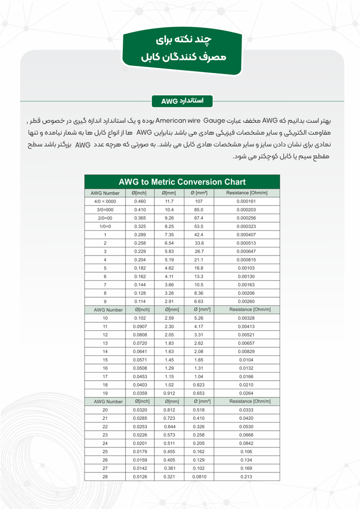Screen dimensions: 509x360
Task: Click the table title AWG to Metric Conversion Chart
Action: (x=182, y=182)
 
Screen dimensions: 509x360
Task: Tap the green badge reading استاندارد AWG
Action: (x=182, y=101)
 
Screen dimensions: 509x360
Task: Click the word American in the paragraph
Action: (x=173, y=121)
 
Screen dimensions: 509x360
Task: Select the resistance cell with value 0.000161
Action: (x=246, y=202)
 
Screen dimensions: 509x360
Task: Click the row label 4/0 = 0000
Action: (x=105, y=202)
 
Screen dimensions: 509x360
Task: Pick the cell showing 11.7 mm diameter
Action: (x=170, y=202)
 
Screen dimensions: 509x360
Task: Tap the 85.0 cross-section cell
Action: (x=199, y=210)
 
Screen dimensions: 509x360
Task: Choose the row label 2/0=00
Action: (x=105, y=218)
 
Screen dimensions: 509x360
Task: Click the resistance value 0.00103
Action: (x=246, y=268)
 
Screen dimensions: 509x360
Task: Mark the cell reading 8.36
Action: (x=199, y=293)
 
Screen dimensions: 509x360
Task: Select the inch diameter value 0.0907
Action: (x=140, y=326)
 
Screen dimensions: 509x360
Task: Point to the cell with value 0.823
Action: (x=199, y=385)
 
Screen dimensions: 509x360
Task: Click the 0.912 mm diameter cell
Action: (x=170, y=393)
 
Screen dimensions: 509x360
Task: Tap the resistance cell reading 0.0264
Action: (x=246, y=393)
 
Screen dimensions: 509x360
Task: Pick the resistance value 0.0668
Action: (x=246, y=435)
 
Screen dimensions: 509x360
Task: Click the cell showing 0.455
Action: (x=170, y=451)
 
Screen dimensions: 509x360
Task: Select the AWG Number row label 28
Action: (x=105, y=476)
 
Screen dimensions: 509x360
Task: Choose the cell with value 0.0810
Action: (x=199, y=476)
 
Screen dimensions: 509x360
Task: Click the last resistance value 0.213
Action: (x=246, y=476)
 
